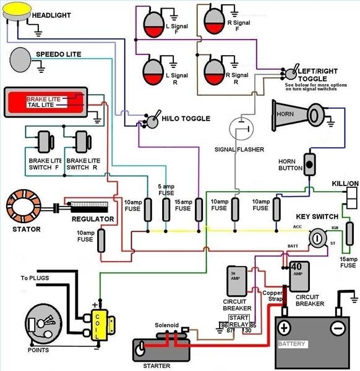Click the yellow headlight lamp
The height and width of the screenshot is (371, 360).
tap(12, 14)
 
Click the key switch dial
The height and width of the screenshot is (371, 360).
tap(318, 237)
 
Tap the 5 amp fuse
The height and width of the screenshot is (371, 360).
tap(166, 210)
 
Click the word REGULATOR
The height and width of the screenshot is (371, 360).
tap(92, 219)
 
